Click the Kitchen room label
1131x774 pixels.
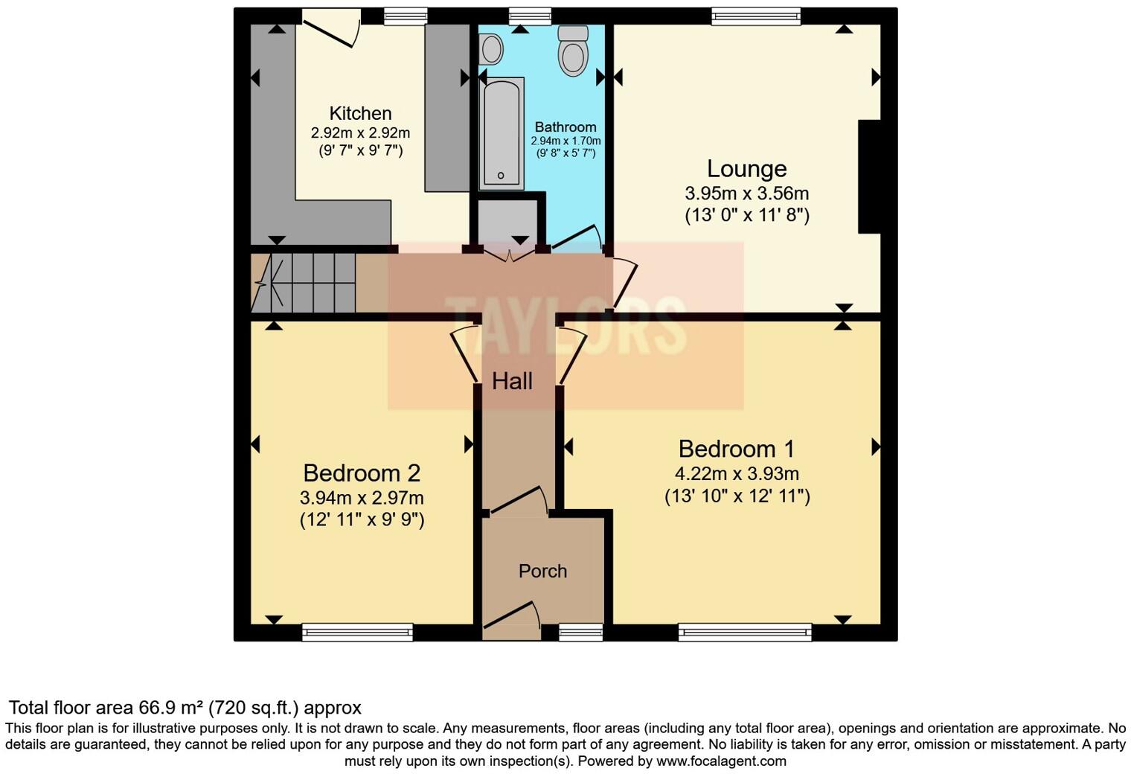[x=360, y=113]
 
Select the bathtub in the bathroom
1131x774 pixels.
[x=501, y=132]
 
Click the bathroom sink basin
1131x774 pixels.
[x=491, y=50]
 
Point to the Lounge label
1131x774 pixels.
[x=746, y=169]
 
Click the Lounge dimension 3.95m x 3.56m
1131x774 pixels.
[x=746, y=193]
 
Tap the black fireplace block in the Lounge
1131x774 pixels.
[x=869, y=176]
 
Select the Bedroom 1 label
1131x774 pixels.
[x=736, y=449]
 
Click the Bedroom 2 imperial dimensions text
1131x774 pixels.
[x=362, y=519]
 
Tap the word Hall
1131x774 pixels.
[x=512, y=381]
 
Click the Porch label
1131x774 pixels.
[x=542, y=571]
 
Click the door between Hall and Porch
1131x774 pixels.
[x=519, y=502]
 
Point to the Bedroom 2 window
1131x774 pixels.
[x=357, y=632]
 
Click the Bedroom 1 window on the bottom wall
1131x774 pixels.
[x=745, y=632]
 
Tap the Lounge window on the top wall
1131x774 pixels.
[x=755, y=16]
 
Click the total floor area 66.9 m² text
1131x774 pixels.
[x=185, y=707]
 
